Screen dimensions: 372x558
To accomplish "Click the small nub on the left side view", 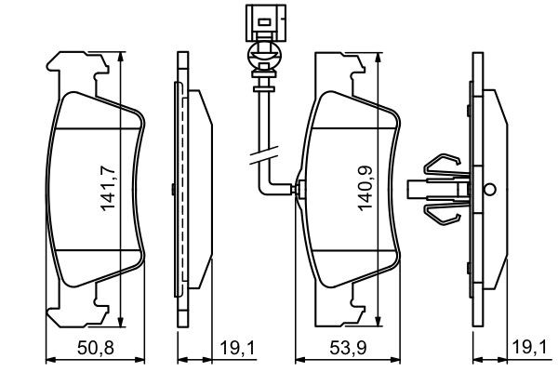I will [175, 189].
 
